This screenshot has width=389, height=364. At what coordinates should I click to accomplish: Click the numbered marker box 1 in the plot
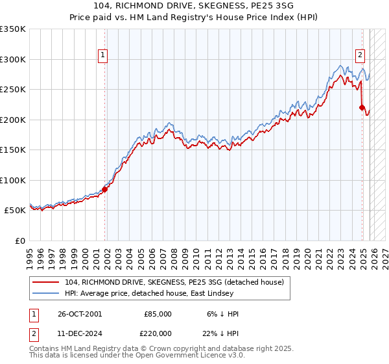click(x=102, y=55)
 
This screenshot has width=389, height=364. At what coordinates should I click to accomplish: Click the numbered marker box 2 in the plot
click(x=360, y=55)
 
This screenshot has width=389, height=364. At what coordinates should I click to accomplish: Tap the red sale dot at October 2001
click(x=105, y=189)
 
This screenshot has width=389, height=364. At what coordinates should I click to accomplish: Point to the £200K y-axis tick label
click(x=13, y=120)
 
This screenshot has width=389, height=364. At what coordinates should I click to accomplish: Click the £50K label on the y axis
click(x=15, y=211)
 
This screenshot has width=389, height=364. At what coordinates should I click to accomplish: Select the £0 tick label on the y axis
click(x=21, y=240)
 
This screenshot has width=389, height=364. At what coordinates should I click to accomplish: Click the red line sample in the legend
click(x=47, y=283)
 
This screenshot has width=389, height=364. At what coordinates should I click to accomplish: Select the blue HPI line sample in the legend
click(x=47, y=294)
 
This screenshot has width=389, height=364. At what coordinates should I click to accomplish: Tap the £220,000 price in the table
click(x=158, y=332)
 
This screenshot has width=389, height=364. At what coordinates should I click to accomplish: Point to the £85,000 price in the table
click(x=158, y=314)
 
